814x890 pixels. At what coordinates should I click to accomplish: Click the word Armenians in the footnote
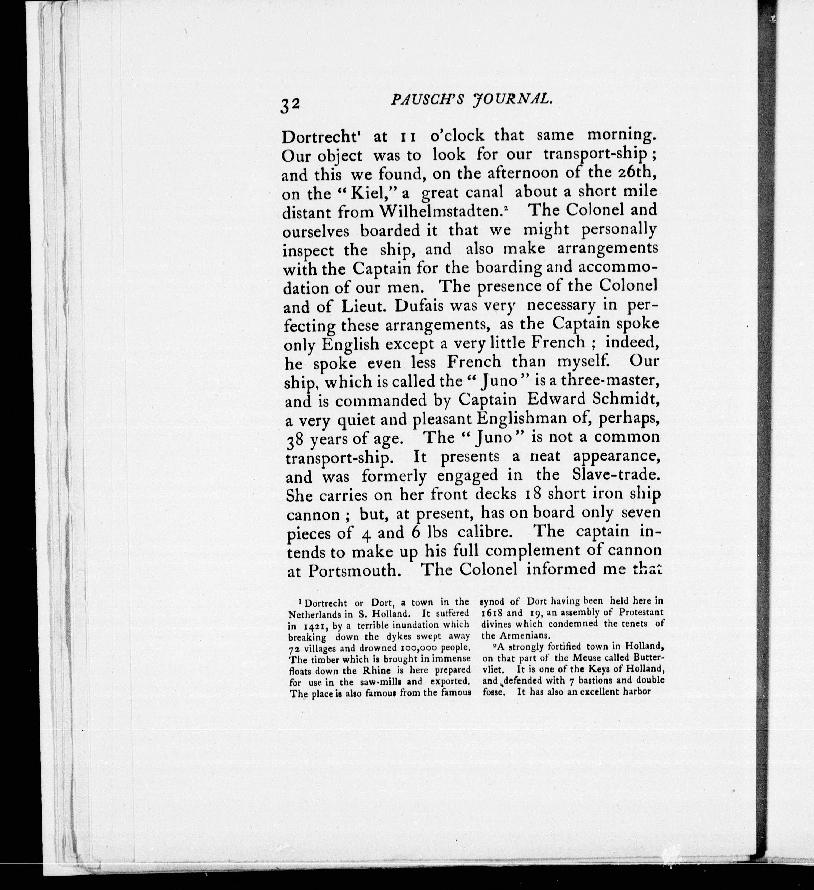(x=527, y=636)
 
